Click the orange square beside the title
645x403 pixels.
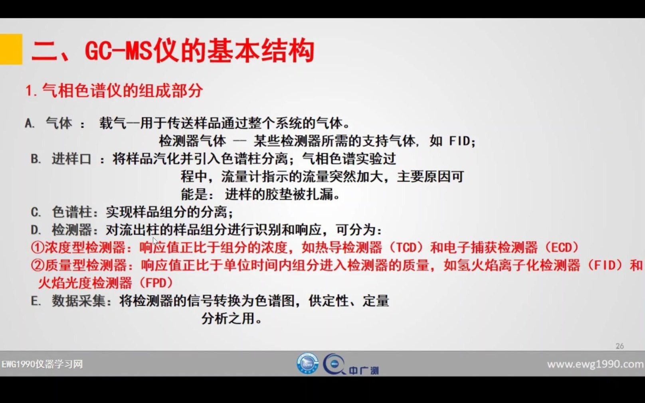coord(11,49)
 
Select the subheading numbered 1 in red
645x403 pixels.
coord(114,91)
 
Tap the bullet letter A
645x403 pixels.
coord(29,123)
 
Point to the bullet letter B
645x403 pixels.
coord(36,159)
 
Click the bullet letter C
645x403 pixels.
coord(36,212)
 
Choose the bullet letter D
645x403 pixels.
coord(36,230)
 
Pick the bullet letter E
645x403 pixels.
coord(36,301)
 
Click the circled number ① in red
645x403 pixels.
coord(37,247)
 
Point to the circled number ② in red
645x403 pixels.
coord(37,265)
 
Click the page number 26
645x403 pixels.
coord(619,346)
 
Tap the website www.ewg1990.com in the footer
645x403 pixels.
coord(595,364)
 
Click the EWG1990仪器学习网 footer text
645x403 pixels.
coord(42,364)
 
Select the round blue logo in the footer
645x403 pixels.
coord(307,363)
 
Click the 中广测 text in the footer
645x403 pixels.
coord(364,371)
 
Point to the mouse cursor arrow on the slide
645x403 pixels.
coord(155,241)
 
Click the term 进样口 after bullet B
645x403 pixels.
coord(71,159)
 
